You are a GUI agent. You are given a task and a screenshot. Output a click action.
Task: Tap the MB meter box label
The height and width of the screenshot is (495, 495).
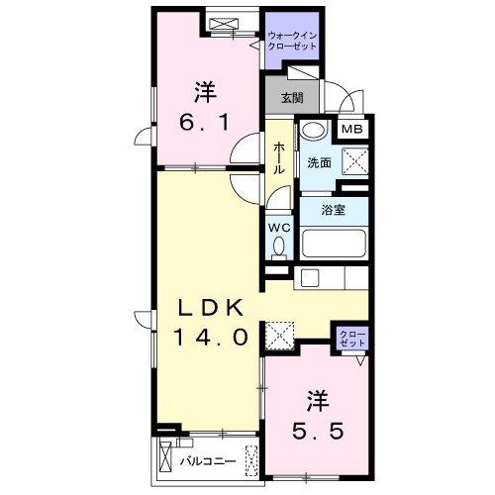tap(351, 128)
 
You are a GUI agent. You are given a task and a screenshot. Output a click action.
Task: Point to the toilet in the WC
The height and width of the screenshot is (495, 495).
tap(280, 245)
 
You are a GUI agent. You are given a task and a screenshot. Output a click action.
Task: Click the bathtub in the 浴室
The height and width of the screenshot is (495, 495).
tap(334, 243)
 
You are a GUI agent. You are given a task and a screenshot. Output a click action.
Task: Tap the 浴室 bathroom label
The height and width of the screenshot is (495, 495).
tap(334, 209)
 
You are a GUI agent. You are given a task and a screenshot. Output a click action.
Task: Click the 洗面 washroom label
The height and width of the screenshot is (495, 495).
tap(318, 162)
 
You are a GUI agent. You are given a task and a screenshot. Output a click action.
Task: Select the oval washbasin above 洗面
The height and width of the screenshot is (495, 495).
tap(314, 132)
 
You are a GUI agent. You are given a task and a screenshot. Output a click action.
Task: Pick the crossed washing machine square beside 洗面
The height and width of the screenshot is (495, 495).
tap(351, 161)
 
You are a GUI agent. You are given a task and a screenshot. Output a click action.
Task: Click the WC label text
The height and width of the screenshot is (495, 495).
tap(280, 224)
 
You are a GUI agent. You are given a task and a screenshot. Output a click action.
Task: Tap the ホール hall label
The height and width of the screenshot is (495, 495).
tap(280, 157)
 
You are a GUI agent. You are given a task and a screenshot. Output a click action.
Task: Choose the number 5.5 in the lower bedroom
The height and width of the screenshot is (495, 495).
tap(317, 432)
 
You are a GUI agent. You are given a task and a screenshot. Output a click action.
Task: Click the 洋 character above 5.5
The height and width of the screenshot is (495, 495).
tap(317, 402)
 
